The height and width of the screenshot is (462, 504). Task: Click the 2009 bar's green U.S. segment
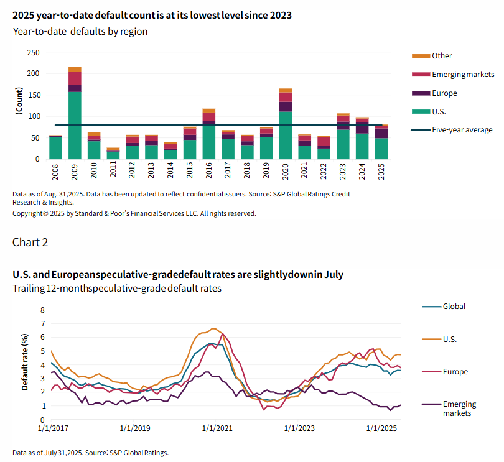[x=75, y=124]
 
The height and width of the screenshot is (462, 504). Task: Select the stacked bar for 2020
[x=286, y=124]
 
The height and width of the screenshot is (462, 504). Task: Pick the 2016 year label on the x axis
[x=209, y=172]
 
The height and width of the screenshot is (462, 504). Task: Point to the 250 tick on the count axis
[x=34, y=52]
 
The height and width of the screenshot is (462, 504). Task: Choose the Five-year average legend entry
[x=453, y=130]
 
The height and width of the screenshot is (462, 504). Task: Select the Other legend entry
[x=442, y=56]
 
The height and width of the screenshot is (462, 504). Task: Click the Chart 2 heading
[x=30, y=242]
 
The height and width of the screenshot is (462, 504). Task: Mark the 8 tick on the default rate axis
[x=43, y=310]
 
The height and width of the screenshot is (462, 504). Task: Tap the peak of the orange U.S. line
[x=213, y=328]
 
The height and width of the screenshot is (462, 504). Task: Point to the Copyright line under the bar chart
[x=134, y=213]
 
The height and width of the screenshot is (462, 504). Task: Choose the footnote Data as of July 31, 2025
[x=90, y=453]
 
